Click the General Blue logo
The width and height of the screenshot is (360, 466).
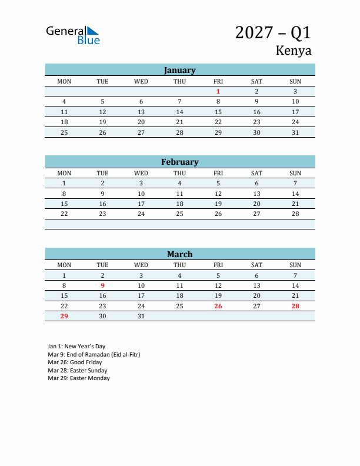[73, 35]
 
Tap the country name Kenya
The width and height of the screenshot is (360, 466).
[293, 51]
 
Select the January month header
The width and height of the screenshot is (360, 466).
[179, 70]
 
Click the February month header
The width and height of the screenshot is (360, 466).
[179, 162]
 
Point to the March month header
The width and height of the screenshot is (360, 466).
[179, 254]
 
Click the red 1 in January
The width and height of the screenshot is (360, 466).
[218, 91]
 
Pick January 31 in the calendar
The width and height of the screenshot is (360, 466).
[295, 132]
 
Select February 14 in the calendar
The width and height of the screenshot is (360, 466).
[295, 194]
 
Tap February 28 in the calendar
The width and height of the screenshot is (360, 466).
[295, 214]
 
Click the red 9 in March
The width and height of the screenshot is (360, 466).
[102, 285]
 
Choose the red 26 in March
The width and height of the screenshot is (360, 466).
[218, 306]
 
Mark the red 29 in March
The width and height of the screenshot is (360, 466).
[64, 316]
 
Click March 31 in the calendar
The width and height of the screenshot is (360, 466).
[141, 316]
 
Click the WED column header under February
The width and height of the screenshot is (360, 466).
[141, 173]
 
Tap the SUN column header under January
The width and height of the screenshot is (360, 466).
[295, 81]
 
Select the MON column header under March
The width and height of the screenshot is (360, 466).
[64, 265]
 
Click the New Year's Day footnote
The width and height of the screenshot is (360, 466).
[76, 347]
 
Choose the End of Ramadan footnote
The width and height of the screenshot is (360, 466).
[94, 355]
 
